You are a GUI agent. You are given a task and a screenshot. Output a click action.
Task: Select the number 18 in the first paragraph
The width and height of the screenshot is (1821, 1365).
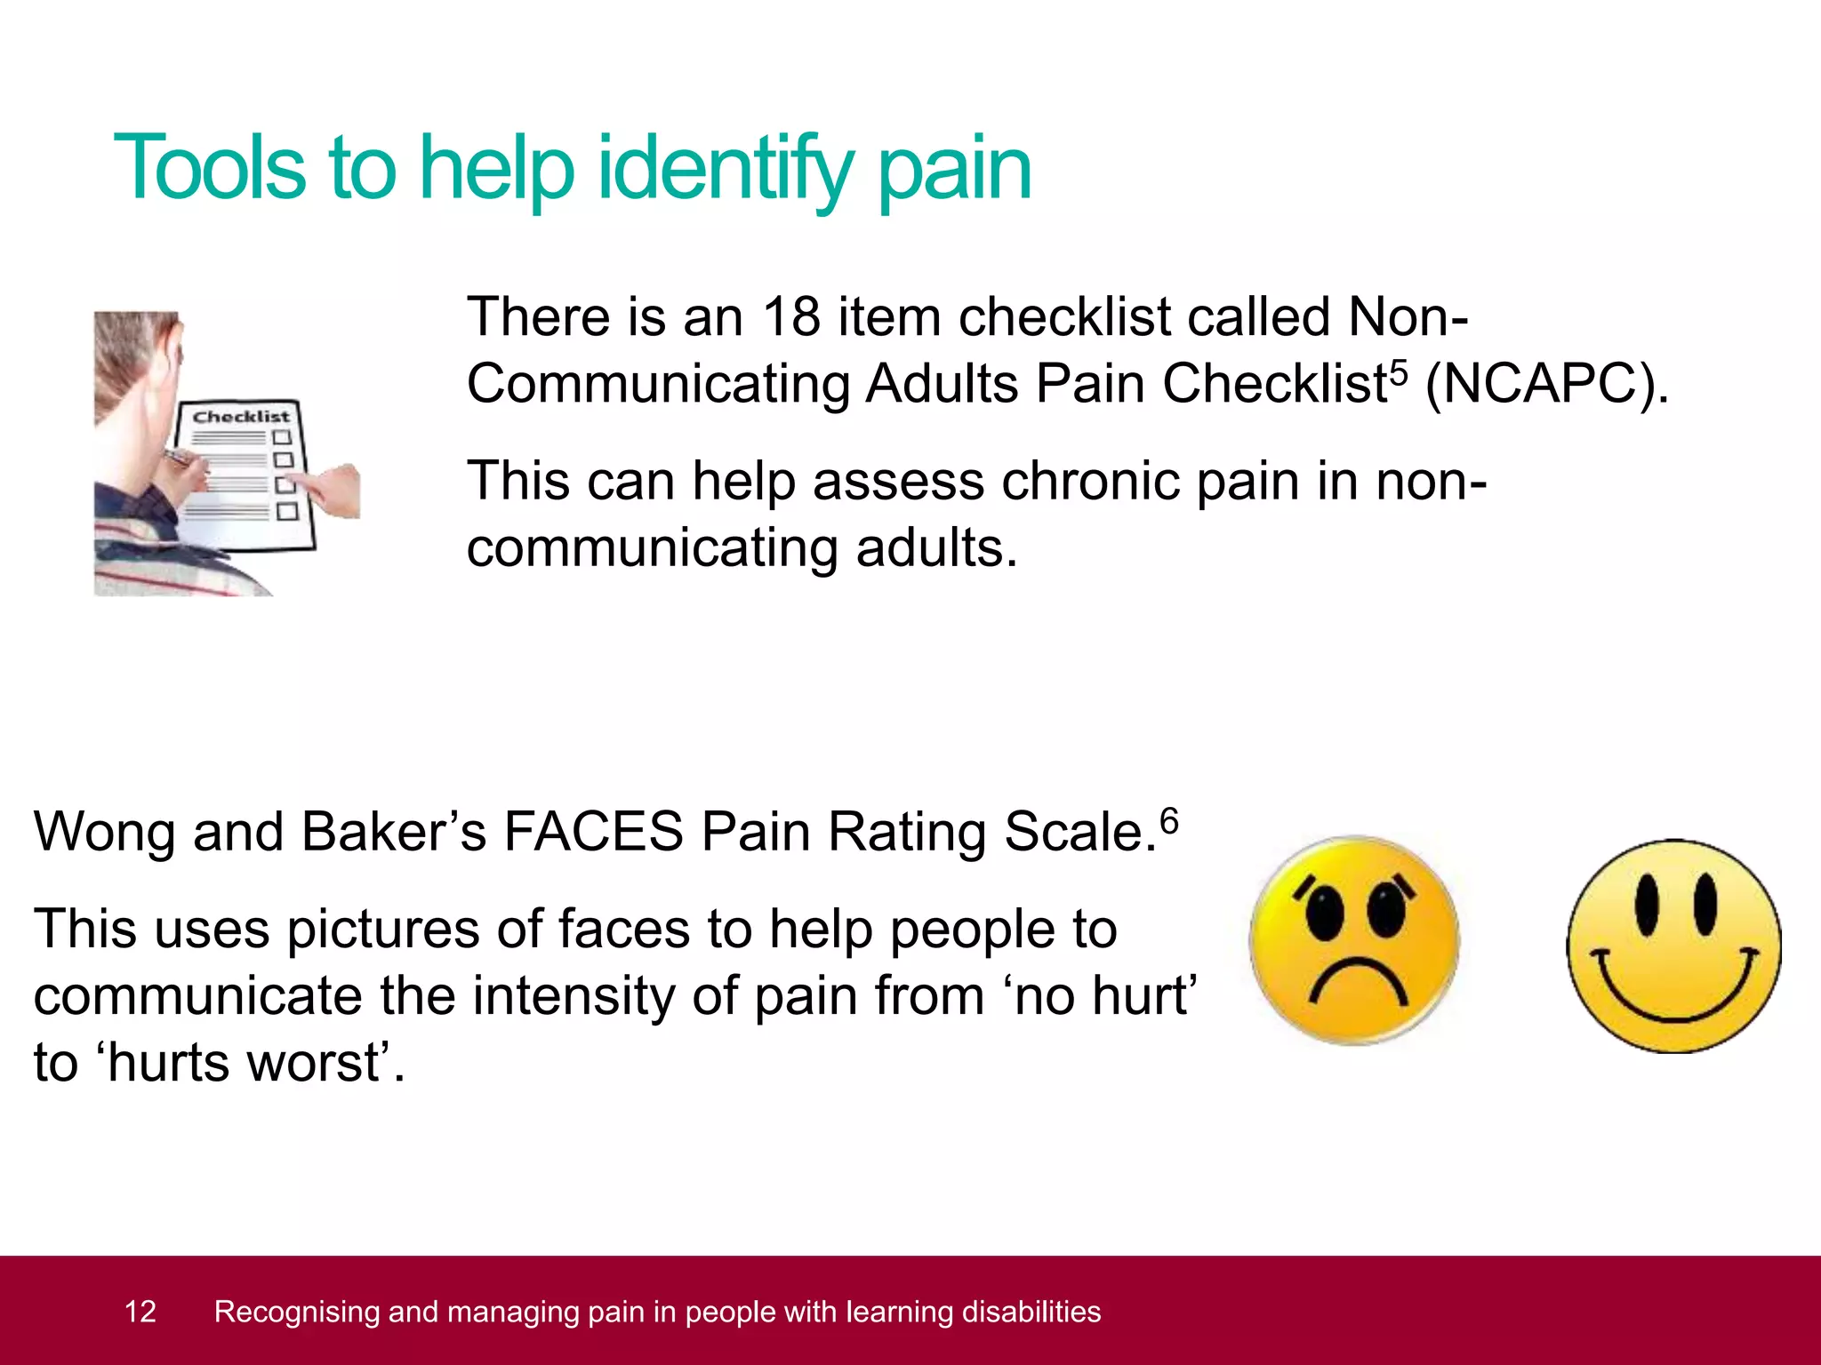point(791,316)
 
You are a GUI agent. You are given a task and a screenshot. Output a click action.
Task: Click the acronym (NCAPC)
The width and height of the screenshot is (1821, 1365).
point(1547,384)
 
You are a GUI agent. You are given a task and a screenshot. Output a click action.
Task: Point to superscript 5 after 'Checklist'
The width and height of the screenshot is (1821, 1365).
point(1399,371)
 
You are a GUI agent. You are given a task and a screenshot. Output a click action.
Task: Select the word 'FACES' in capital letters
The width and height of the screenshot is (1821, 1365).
point(593,833)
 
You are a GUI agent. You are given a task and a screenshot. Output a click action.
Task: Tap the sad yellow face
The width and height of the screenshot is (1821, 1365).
point(1354,940)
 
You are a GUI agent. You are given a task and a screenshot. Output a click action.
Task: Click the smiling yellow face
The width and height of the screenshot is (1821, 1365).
point(1673,946)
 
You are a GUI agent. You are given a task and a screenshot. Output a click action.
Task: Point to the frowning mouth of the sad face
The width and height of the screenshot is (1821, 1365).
point(1357,978)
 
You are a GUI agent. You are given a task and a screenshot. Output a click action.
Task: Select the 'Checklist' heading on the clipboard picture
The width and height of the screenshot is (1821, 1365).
point(241,417)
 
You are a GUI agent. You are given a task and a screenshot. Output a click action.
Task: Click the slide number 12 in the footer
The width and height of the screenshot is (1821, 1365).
point(140,1312)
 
